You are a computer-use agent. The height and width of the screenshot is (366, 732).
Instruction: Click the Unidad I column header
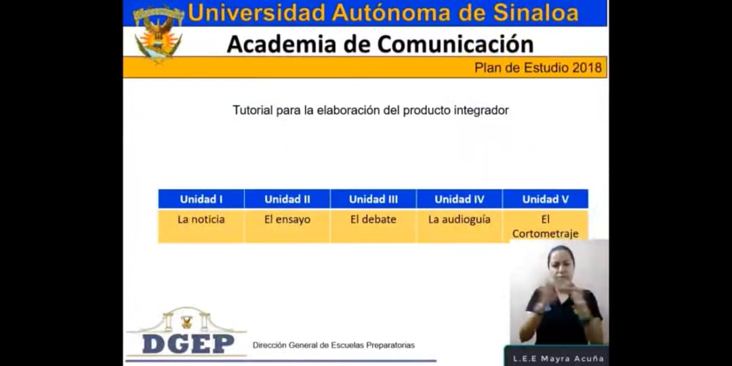pos(201,199)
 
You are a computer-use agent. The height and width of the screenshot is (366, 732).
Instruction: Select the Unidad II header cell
pos(287,199)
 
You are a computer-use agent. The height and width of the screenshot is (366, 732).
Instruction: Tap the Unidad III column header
pos(373,199)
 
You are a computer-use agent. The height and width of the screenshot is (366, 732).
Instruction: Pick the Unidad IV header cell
pos(460,199)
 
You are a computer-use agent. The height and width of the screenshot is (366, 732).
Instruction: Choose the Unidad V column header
pos(545,199)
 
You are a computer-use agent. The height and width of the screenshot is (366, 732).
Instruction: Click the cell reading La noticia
pos(201,226)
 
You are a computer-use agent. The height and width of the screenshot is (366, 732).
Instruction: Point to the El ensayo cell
pos(287,226)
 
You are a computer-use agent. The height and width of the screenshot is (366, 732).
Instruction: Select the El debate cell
pos(373,226)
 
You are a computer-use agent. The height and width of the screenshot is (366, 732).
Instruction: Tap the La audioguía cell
pos(460,226)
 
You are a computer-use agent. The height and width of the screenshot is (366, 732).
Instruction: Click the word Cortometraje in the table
pos(545,233)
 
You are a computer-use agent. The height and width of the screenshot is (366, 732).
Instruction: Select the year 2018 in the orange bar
pos(587,68)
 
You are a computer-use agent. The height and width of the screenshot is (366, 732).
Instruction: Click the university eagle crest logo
pos(158,33)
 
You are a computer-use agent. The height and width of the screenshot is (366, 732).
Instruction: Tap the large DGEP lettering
pos(188,344)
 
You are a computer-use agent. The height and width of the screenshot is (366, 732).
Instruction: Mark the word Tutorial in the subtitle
pos(253,110)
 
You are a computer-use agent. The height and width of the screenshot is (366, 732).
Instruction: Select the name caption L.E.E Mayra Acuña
pos(558,359)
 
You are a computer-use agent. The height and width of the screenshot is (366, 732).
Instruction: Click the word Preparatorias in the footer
pos(390,346)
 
